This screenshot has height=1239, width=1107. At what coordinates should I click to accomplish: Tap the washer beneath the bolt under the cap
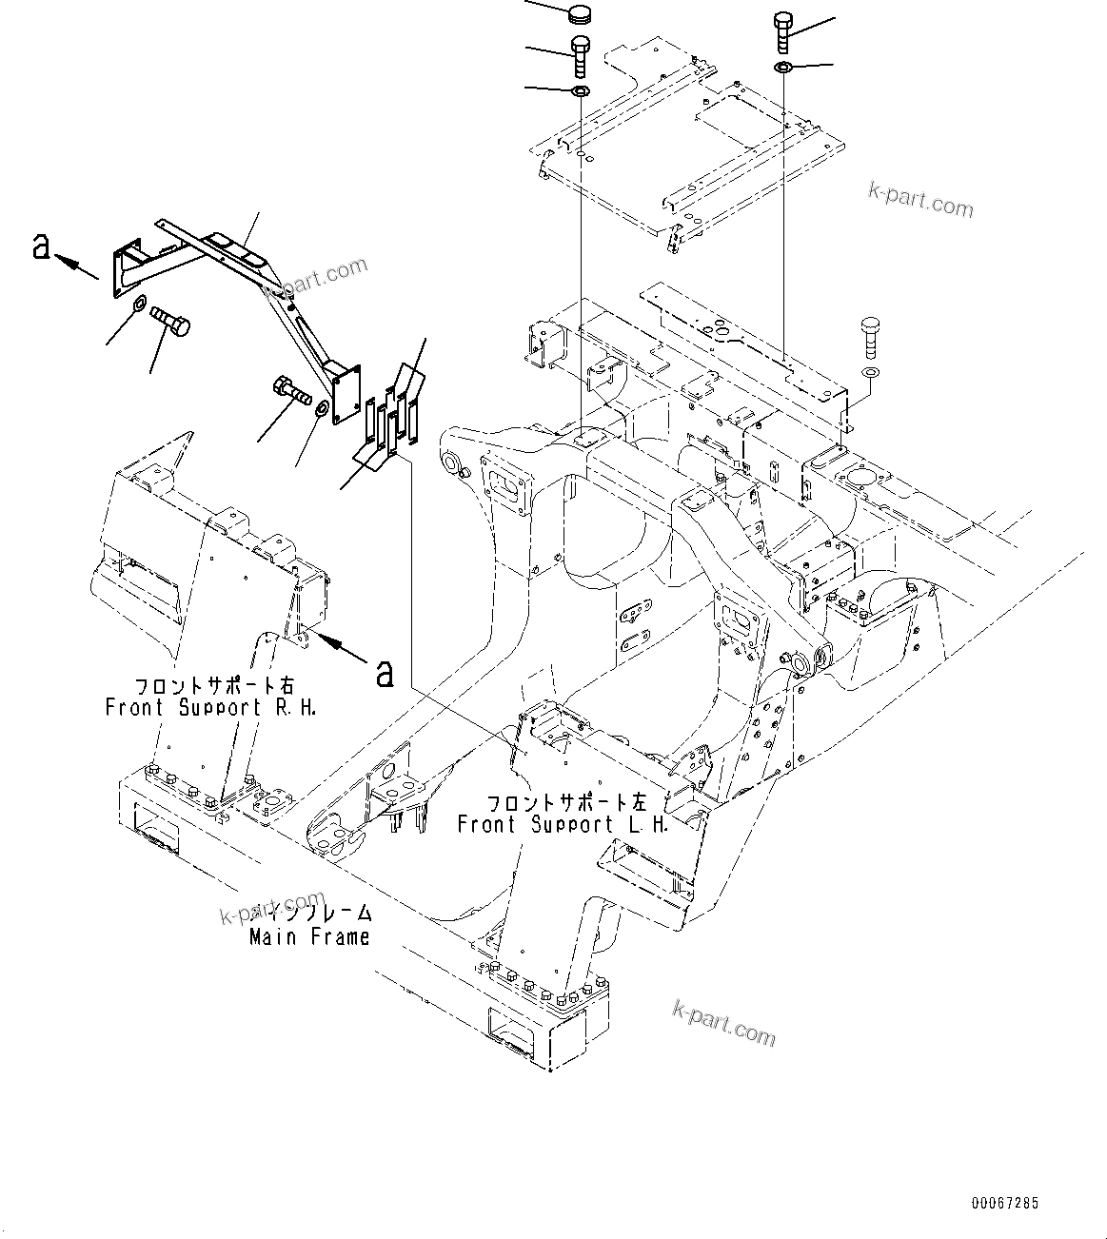pos(580,91)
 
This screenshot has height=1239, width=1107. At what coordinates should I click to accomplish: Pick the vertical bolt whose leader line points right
pos(782,32)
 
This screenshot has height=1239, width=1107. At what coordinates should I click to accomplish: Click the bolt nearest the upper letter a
pos(169,322)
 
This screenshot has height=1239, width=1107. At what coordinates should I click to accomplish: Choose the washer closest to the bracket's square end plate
pos(322,407)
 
